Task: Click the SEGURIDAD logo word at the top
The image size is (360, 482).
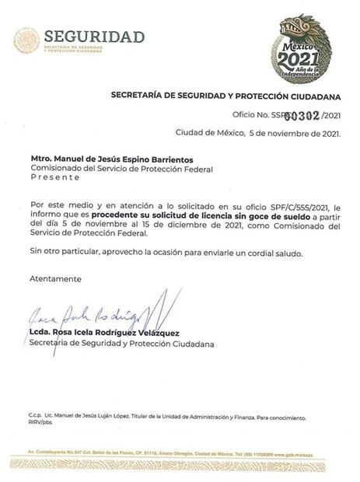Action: tap(94, 37)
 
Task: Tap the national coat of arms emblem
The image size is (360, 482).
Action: tap(26, 41)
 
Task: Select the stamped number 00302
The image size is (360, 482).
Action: tap(304, 115)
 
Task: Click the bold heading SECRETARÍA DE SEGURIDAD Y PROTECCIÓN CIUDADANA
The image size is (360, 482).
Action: tap(226, 96)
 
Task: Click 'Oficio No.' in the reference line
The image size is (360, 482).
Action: tap(249, 116)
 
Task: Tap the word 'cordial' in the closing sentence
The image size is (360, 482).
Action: tap(257, 254)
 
